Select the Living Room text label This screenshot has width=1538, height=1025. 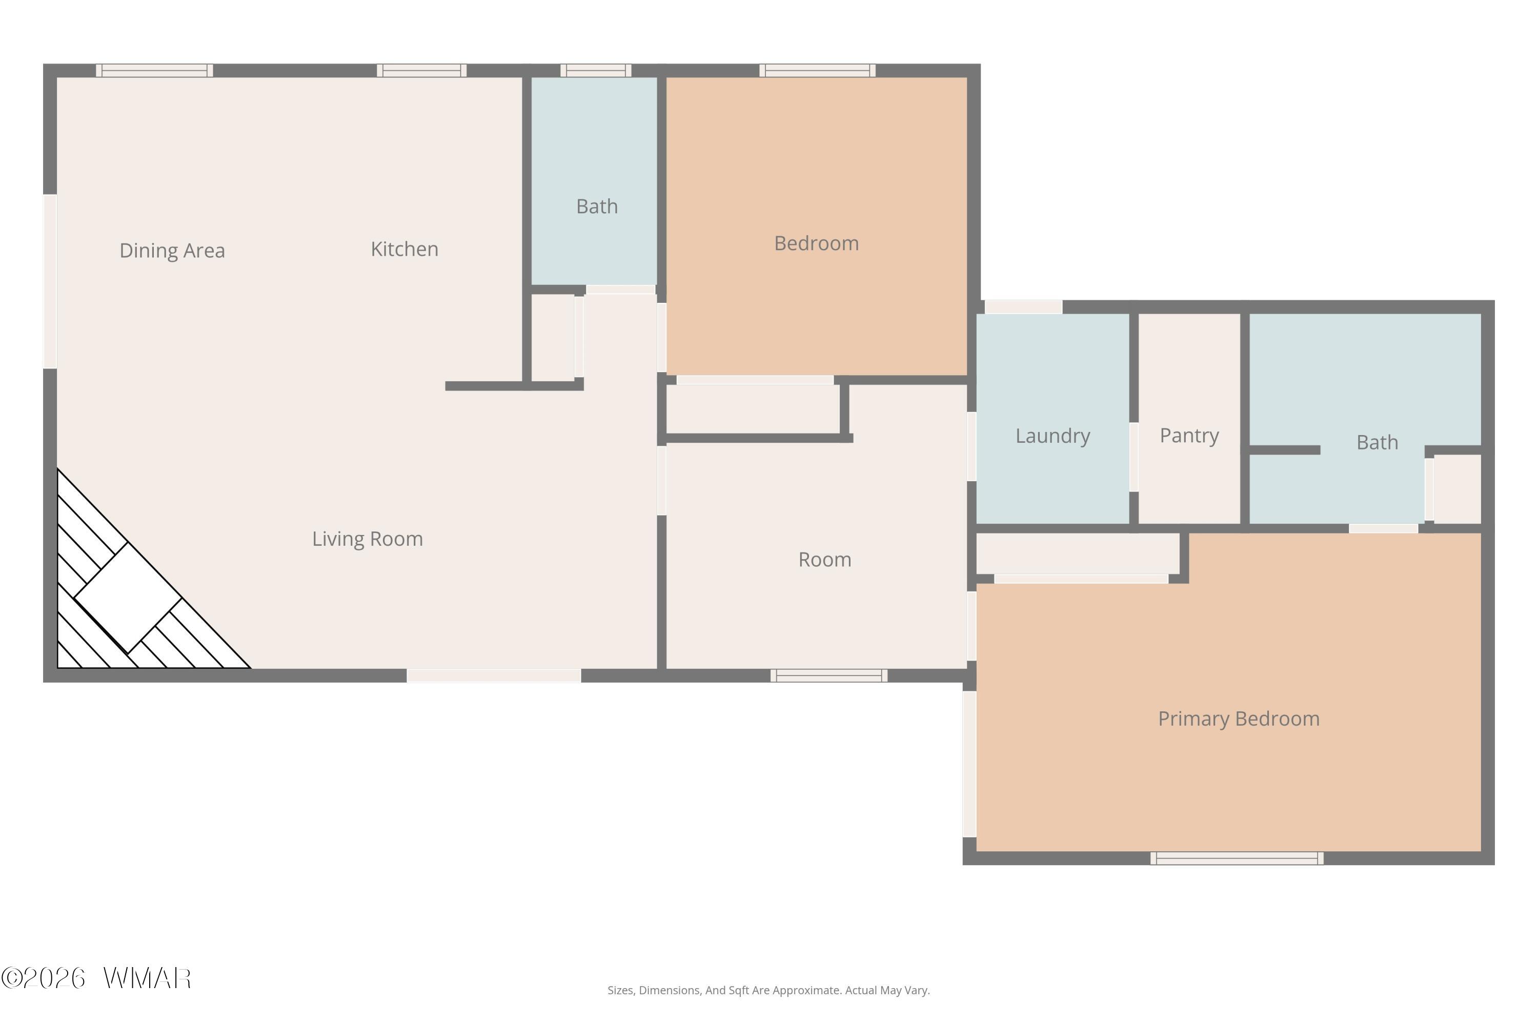click(367, 539)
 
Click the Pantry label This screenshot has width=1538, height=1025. click(1189, 435)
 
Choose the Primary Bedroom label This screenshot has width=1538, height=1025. click(1239, 719)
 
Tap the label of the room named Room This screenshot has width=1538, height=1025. click(824, 560)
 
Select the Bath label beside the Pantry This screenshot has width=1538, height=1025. click(1377, 443)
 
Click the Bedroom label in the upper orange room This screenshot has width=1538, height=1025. click(816, 243)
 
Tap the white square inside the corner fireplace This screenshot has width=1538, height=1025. click(128, 598)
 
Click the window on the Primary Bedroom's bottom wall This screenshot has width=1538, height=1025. click(1237, 858)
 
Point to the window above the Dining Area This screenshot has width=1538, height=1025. click(154, 71)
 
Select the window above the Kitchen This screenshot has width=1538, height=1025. click(422, 71)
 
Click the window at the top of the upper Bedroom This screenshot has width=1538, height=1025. click(817, 71)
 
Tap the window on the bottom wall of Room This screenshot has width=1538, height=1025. click(828, 676)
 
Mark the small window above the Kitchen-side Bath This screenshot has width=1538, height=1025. click(596, 71)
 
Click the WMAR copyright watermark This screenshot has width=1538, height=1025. click(96, 978)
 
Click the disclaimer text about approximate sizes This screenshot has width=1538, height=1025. click(768, 990)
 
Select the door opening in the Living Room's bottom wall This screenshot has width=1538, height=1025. click(494, 676)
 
